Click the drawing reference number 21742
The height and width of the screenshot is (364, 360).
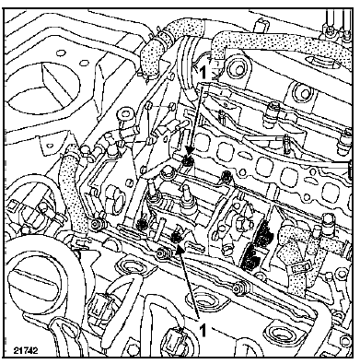tap(26, 351)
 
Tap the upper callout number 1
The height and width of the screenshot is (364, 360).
tap(203, 74)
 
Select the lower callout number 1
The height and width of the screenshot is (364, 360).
tap(203, 331)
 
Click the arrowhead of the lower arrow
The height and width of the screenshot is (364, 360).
tap(180, 248)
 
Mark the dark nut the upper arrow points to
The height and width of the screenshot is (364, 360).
tap(187, 161)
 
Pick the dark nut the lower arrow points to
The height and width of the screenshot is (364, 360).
tap(176, 237)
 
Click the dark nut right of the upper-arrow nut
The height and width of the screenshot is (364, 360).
tap(226, 175)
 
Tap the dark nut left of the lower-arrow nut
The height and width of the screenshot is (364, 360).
tap(142, 224)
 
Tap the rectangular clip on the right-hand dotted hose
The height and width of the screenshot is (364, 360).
tap(298, 270)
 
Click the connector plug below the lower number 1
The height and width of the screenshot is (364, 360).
tap(175, 340)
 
